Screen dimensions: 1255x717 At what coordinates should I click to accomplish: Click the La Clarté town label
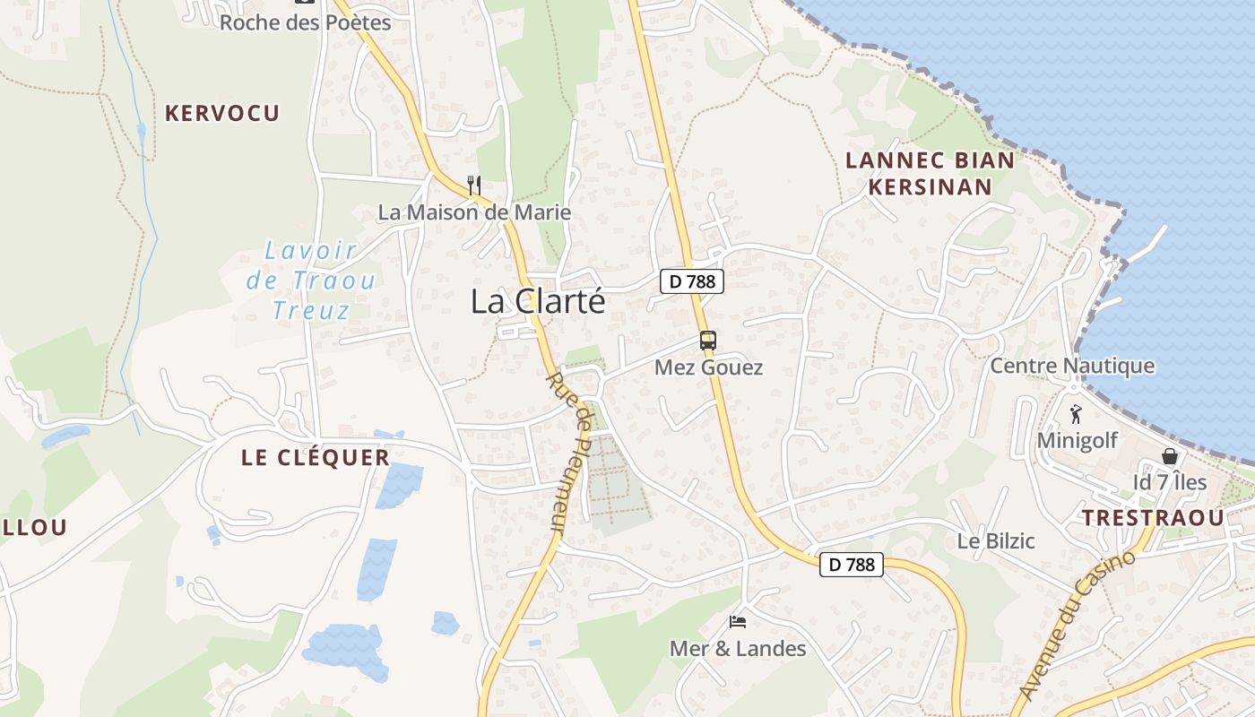coord(538,302)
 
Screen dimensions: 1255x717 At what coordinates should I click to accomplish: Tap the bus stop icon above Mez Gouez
coord(708,341)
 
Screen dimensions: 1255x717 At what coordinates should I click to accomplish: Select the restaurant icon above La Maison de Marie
coord(474,186)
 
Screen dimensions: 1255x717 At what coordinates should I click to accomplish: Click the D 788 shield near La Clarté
coord(692,281)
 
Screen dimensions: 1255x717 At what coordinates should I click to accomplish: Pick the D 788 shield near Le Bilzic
coord(851,565)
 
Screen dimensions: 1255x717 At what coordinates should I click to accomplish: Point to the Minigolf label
coord(1078,441)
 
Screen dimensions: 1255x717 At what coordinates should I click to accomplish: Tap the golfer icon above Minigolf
coord(1077,414)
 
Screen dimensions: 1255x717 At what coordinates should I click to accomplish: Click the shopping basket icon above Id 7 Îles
coord(1170,456)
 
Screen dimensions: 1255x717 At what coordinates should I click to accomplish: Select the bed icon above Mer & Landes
coord(738,621)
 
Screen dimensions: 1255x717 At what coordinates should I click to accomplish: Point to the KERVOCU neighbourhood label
coord(222,113)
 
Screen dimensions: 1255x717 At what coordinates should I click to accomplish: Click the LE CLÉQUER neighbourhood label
coord(316,458)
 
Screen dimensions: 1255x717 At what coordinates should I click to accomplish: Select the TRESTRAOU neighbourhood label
coord(1152,518)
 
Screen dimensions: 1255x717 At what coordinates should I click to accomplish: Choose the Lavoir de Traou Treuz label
coord(311,281)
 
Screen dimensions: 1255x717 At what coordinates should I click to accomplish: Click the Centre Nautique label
coord(1072,366)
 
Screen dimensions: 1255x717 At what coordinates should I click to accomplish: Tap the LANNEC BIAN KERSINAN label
coord(930,174)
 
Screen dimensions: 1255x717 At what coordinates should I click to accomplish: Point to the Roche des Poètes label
coord(306,22)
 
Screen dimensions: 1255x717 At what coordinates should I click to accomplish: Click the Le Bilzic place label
coord(996,541)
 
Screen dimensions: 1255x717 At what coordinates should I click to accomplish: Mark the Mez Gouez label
coord(708,367)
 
